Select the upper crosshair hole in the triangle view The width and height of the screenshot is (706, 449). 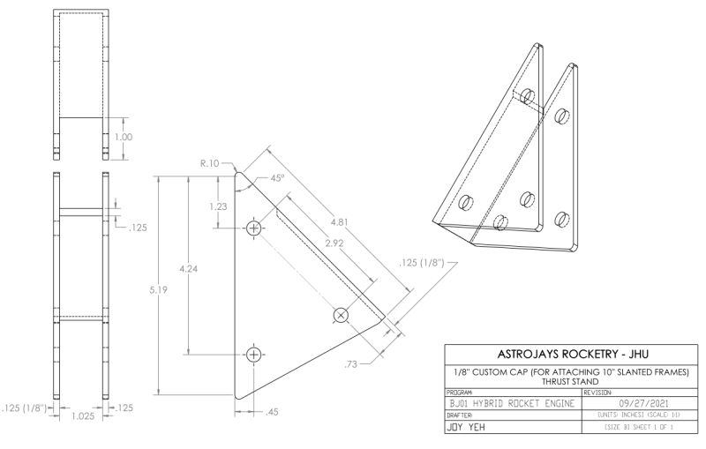255,229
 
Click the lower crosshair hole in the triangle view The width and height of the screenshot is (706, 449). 255,355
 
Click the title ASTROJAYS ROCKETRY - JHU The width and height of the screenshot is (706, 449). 561,355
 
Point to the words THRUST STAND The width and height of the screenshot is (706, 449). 561,381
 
